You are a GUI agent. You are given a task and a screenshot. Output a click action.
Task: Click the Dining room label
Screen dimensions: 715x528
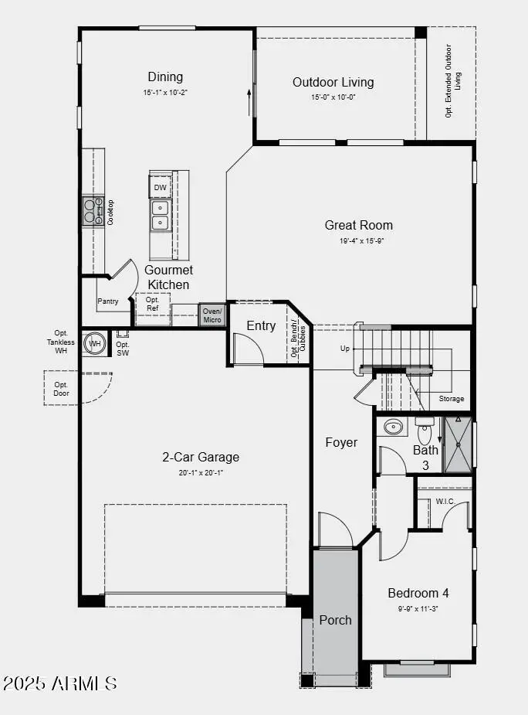tap(166, 77)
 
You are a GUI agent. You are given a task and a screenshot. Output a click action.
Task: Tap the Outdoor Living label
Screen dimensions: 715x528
tap(333, 82)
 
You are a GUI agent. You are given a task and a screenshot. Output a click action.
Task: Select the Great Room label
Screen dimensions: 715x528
tap(358, 225)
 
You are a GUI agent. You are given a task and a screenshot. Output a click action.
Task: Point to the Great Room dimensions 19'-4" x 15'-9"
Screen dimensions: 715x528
tap(358, 240)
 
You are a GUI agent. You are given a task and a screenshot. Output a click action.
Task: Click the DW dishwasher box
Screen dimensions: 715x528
tap(160, 187)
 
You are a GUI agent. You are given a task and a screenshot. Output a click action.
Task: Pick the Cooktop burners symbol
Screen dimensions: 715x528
tap(93, 211)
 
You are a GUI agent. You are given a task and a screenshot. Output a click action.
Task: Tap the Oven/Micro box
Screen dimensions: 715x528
tap(212, 315)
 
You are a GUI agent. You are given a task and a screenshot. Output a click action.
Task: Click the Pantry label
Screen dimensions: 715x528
tap(108, 301)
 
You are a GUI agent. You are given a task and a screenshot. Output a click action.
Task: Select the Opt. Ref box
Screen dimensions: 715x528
tap(152, 304)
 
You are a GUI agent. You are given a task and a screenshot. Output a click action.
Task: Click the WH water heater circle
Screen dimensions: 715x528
tap(95, 343)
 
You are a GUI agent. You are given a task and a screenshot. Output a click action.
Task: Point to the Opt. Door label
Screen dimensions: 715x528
tap(61, 389)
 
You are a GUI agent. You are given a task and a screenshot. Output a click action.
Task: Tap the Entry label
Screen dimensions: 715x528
tap(261, 325)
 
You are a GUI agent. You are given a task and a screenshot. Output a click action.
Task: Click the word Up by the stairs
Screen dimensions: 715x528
tap(345, 349)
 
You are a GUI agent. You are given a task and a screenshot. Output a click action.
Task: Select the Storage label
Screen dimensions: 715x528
tap(452, 399)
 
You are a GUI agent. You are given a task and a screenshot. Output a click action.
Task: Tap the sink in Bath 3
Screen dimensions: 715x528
tap(394, 426)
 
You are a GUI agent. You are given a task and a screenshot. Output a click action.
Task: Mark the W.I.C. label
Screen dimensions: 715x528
tap(445, 501)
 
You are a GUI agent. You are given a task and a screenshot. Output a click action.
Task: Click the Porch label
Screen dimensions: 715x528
tap(335, 620)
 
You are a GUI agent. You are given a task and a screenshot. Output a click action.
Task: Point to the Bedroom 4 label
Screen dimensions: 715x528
tap(418, 593)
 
